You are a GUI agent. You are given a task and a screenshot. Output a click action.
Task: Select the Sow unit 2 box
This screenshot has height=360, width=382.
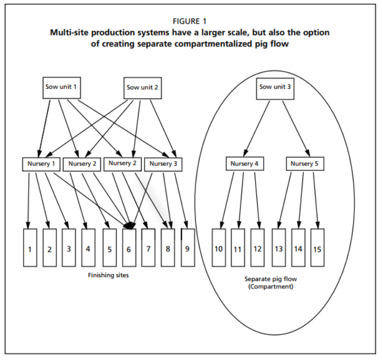[x=143, y=87]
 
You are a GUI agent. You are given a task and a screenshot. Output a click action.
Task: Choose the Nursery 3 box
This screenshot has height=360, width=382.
[x=164, y=164]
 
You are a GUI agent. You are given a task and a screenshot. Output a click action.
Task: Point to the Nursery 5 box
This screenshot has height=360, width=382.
[x=305, y=164]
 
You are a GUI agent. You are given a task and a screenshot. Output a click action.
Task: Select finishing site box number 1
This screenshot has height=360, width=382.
[x=30, y=248]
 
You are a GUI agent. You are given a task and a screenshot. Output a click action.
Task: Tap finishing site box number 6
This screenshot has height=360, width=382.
[x=129, y=248]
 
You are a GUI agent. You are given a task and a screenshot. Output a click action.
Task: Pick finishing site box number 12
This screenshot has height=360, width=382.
[x=258, y=248]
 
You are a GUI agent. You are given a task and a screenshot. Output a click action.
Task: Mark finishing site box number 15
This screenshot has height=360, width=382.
[x=317, y=248]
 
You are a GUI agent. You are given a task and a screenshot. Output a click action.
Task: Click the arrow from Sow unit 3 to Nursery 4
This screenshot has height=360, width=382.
[x=258, y=126]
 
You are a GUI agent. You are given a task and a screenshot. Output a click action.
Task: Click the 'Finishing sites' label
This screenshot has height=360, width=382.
[x=108, y=275]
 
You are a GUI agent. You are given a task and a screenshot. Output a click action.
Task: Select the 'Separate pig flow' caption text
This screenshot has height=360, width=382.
[x=268, y=278]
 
